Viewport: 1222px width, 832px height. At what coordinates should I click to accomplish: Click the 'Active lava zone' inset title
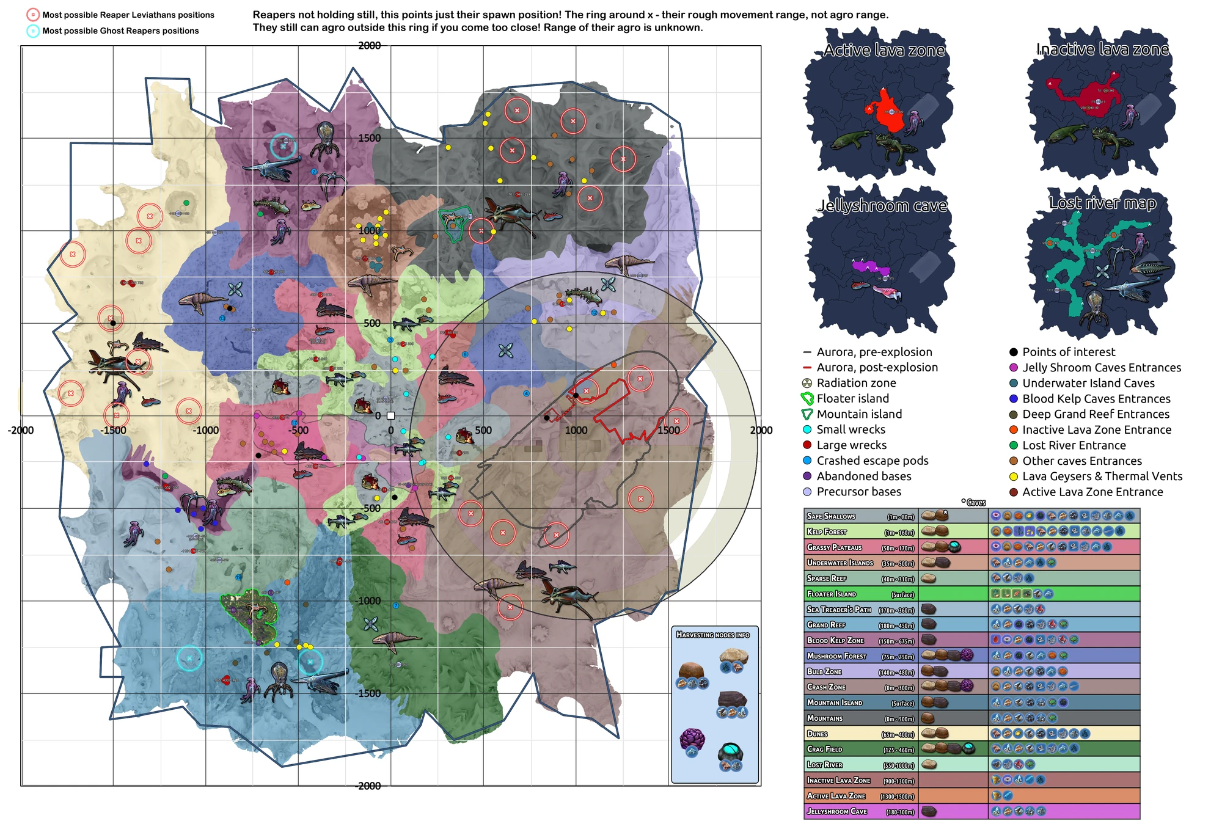click(x=884, y=50)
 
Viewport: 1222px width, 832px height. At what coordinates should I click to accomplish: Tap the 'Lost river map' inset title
click(x=1102, y=203)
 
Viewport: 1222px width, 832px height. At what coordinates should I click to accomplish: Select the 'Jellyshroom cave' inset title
click(x=882, y=206)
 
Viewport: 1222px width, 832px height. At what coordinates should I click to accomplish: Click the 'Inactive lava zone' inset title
click(x=1102, y=49)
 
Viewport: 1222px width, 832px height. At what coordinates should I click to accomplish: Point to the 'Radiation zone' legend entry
click(x=855, y=383)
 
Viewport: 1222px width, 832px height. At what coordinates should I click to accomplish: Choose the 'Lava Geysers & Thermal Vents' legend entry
click(x=1102, y=476)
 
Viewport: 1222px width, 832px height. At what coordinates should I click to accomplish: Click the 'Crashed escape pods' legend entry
click(x=872, y=461)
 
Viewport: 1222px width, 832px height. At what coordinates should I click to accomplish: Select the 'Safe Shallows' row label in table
click(x=831, y=516)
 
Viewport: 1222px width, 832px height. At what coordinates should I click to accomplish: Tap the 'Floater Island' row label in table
click(x=832, y=594)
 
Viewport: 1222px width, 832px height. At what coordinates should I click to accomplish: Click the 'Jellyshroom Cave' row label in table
click(x=836, y=811)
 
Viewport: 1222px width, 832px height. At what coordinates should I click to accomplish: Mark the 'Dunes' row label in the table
click(x=818, y=734)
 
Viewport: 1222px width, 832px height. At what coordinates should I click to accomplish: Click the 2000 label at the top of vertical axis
click(x=369, y=46)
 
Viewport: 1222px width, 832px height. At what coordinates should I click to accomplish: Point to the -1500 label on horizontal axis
click(x=113, y=431)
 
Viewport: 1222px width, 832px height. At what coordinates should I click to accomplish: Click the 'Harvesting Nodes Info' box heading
click(x=712, y=635)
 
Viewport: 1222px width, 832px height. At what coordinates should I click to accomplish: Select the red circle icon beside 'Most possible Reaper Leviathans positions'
click(x=33, y=15)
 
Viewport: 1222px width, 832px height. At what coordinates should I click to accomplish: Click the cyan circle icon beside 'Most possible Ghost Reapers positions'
click(x=33, y=31)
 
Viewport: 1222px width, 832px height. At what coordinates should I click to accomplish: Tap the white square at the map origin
click(x=391, y=415)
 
